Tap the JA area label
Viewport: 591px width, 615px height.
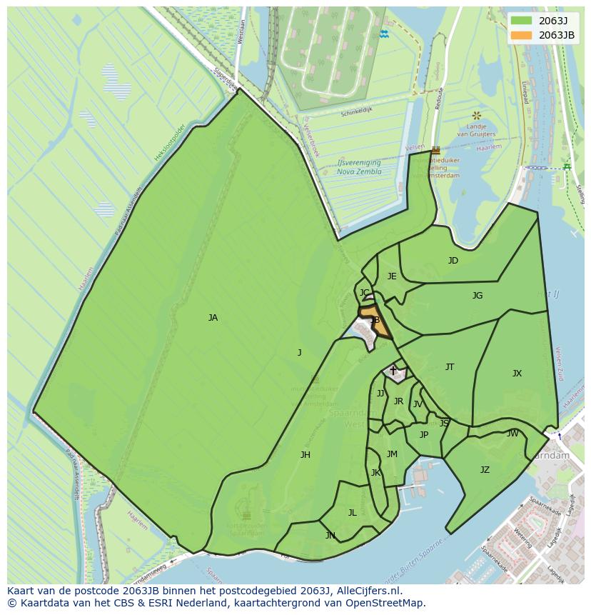(213, 318)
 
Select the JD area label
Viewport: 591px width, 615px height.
(453, 261)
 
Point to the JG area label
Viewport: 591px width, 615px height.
(478, 295)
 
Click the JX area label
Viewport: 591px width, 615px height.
(517, 373)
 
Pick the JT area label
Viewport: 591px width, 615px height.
(450, 367)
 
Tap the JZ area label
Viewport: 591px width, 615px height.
(485, 470)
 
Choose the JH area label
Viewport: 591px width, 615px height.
(305, 455)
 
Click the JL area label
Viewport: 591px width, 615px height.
(352, 513)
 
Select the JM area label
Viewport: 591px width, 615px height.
(392, 454)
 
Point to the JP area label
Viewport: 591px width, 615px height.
(424, 435)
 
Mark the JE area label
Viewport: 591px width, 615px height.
(392, 276)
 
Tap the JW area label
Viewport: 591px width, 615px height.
(512, 434)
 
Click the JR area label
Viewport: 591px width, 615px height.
(398, 401)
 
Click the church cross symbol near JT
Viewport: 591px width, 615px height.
(393, 371)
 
